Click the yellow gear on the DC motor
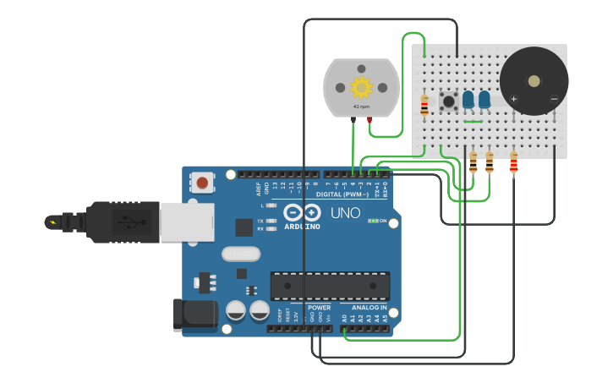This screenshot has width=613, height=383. coord(361,87)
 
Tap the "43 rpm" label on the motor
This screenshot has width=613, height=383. coord(361,107)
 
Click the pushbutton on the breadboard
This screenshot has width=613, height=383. coord(448,102)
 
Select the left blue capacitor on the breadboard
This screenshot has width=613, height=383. coord(468,100)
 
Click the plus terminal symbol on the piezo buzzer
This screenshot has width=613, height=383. coord(513,99)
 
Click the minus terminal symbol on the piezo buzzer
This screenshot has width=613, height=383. coord(554,99)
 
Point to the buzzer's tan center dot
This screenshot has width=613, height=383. coord(534,81)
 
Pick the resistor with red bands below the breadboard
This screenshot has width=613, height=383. coord(513,162)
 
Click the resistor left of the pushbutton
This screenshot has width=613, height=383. coord(424,106)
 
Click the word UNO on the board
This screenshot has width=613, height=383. coord(344,213)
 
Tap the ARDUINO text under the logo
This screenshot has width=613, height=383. coord(302,227)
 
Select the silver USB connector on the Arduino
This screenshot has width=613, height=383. coord(187,222)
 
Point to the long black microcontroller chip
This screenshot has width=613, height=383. coord(330,286)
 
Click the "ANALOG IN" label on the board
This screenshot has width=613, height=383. coord(369,308)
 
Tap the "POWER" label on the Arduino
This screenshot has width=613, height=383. coord(319,308)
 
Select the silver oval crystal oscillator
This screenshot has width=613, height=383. coord(241,254)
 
